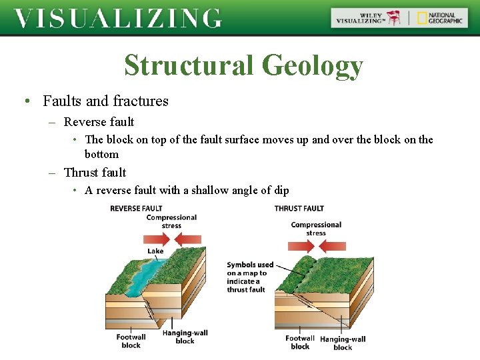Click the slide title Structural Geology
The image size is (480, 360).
pyautogui.click(x=243, y=65)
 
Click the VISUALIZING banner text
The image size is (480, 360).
pyautogui.click(x=118, y=18)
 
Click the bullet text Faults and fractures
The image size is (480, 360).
pyautogui.click(x=105, y=101)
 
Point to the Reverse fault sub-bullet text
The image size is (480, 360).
pyautogui.click(x=99, y=122)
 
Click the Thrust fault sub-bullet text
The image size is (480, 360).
pyautogui.click(x=95, y=173)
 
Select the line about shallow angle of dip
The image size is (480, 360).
pyautogui.click(x=187, y=191)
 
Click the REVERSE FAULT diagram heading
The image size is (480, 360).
pyautogui.click(x=136, y=209)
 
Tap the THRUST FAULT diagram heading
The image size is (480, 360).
pyautogui.click(x=299, y=209)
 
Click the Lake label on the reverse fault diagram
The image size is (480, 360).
pyautogui.click(x=155, y=251)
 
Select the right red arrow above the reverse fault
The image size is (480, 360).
pyautogui.click(x=190, y=239)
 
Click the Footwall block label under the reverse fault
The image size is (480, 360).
pyautogui.click(x=131, y=341)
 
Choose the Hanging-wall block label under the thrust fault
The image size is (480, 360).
pyautogui.click(x=343, y=343)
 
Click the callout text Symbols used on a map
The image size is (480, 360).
pyautogui.click(x=249, y=277)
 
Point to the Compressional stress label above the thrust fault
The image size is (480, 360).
pyautogui.click(x=316, y=229)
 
